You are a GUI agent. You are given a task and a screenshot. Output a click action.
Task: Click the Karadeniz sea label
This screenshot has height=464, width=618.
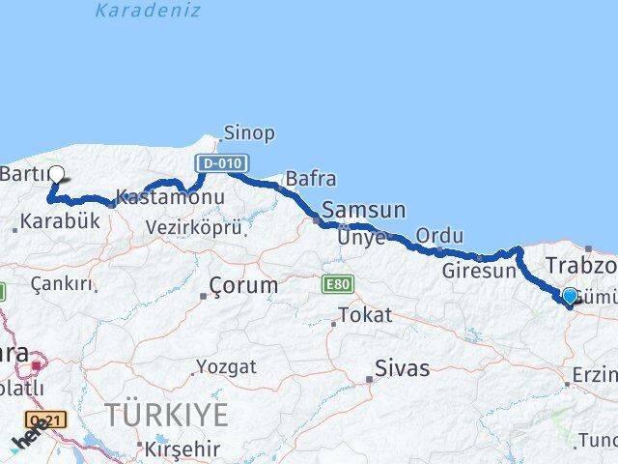[x=148, y=12]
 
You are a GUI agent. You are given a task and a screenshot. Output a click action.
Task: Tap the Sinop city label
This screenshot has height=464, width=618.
[x=249, y=133]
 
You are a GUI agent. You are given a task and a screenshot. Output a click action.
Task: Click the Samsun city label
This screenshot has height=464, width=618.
[x=363, y=210]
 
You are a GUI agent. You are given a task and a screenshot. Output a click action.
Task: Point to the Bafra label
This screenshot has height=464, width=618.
[x=311, y=179]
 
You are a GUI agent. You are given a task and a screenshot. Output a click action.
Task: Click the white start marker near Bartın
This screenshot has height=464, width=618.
[x=56, y=175]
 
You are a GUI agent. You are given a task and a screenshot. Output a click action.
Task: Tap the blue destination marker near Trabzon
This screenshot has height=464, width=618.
[x=569, y=297]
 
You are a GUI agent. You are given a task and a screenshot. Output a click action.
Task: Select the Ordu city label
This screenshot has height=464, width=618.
[x=439, y=236]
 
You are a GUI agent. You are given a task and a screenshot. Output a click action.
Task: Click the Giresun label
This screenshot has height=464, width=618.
[x=479, y=271]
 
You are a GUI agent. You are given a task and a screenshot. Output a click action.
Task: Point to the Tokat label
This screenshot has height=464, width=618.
[x=366, y=315]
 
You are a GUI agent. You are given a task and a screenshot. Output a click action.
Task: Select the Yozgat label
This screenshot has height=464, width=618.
[x=227, y=367]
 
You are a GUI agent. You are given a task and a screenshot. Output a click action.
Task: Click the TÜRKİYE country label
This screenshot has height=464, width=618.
[x=167, y=416]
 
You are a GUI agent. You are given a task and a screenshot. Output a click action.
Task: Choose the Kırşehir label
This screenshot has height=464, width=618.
[x=183, y=449]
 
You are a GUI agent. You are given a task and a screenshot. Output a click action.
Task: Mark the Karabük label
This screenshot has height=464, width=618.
[x=61, y=221]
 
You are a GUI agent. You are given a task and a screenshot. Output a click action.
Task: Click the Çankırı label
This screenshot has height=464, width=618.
[x=64, y=284]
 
